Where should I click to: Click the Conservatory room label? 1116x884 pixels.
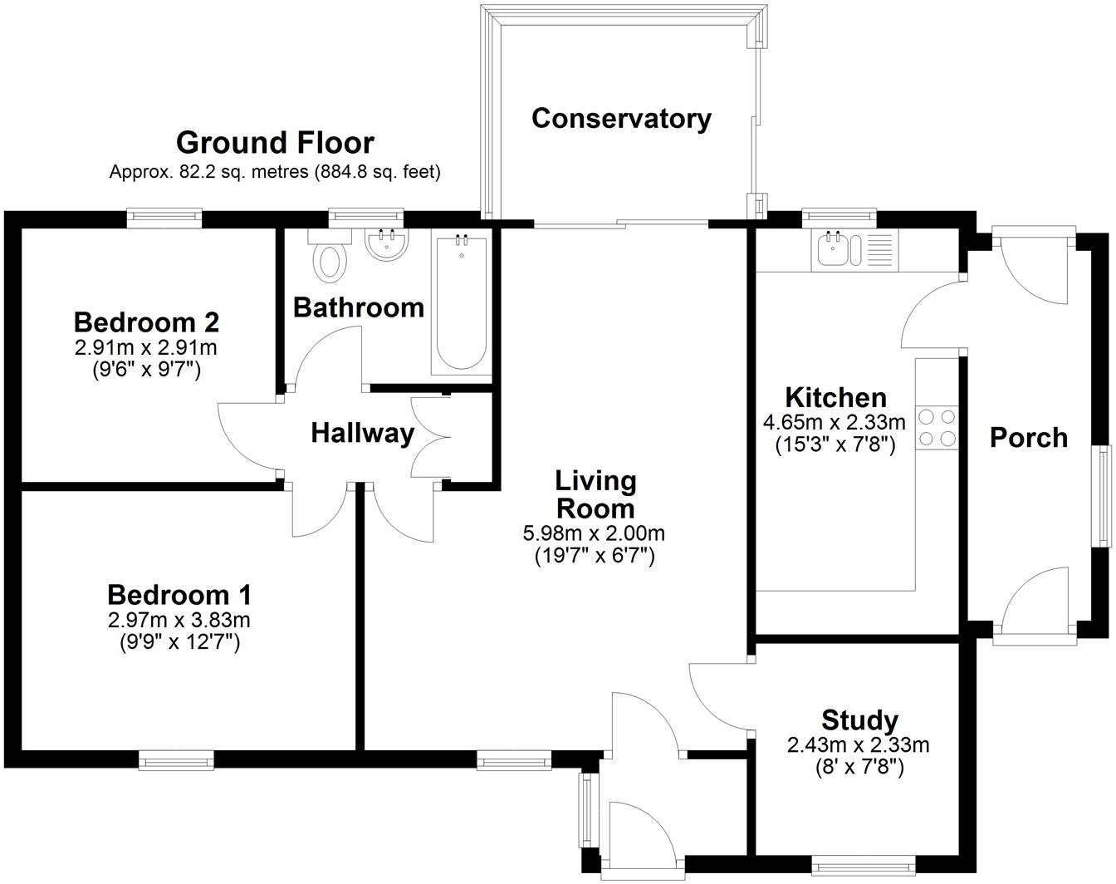pos(621,119)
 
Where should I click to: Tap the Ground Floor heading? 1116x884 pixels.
pos(275,143)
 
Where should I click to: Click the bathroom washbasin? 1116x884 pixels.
pos(386,245)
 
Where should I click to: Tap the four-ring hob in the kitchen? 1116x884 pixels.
pos(937,427)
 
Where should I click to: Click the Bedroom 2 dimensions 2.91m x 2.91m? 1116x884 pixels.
pos(146,347)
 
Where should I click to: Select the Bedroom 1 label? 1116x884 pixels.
pos(179,595)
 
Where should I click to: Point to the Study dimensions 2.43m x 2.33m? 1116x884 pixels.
pos(858,745)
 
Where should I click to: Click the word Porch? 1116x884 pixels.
pos(1028,438)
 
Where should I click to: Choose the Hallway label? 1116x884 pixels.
pos(362,433)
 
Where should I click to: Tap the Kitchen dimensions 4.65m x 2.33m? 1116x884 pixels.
pos(835,422)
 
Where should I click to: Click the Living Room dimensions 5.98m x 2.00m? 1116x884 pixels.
pos(594,533)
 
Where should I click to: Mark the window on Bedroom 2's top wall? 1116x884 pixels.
pos(164,218)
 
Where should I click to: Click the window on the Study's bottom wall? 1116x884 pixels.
pos(863,865)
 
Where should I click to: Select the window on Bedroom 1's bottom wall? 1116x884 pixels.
pos(176,759)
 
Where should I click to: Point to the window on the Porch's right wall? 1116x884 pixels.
pos(1105,496)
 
